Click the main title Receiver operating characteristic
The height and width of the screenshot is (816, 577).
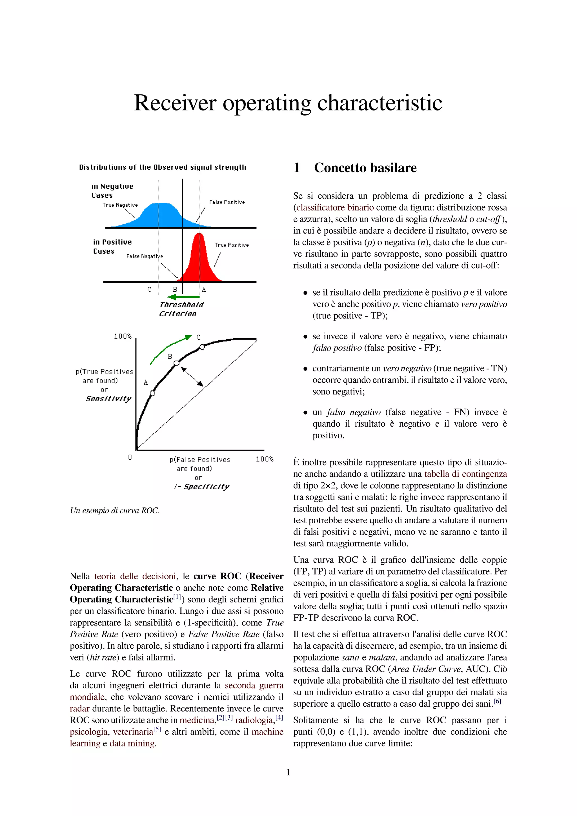[288, 103]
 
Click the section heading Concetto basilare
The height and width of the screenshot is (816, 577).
[365, 168]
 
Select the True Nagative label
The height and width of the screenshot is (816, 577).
[120, 205]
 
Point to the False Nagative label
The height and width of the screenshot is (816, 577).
[144, 256]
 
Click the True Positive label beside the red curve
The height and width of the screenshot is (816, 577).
[231, 245]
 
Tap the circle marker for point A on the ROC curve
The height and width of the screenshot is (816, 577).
[152, 393]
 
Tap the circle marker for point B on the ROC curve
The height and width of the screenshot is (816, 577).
[176, 363]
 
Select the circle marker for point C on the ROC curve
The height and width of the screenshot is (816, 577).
[202, 347]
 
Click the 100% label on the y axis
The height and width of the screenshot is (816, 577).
[122, 336]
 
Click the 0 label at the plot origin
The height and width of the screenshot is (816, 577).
[130, 457]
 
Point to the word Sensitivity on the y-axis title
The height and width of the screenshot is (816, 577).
[108, 399]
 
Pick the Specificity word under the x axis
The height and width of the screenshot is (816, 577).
[206, 487]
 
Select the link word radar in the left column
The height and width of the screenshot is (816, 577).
[79, 709]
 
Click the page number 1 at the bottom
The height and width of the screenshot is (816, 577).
[288, 772]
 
